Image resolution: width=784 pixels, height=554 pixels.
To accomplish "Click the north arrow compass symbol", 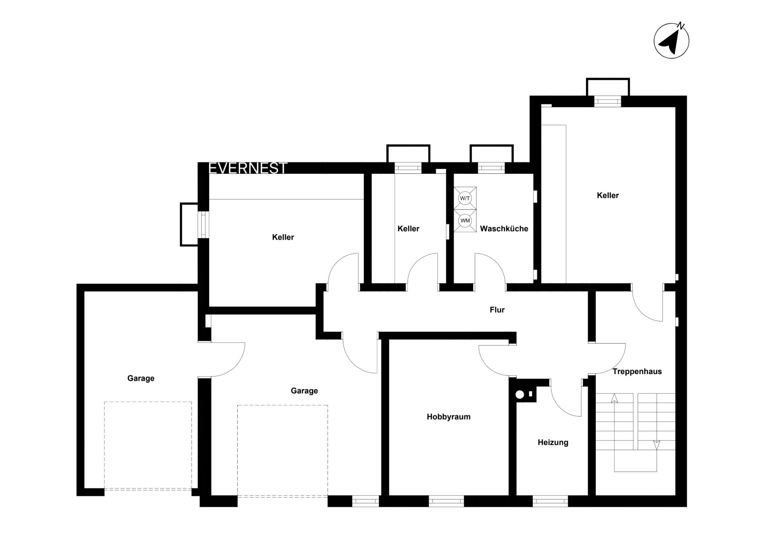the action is click(671, 40).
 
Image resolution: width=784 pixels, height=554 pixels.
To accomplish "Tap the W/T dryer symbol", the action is click(465, 198).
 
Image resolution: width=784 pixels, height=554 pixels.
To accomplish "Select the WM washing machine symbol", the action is click(465, 221).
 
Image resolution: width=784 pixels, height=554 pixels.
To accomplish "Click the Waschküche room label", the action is click(504, 229).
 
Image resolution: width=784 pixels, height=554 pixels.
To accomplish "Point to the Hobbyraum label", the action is click(448, 417).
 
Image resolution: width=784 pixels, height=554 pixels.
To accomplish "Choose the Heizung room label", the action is click(553, 443).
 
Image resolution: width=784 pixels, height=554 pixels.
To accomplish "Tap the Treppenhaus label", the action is click(637, 372).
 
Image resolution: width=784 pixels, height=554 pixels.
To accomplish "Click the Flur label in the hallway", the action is click(497, 310).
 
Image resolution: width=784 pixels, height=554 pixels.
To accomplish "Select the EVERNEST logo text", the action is click(248, 168).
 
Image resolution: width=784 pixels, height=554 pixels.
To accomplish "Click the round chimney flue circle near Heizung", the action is click(520, 394).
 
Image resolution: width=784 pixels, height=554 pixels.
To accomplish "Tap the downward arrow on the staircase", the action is click(657, 445).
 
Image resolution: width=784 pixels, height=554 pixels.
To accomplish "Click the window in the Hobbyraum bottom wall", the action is click(446, 501).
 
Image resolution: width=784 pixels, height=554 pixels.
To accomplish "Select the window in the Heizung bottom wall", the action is click(550, 501).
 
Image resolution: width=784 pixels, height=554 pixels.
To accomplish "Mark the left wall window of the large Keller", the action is click(203, 224).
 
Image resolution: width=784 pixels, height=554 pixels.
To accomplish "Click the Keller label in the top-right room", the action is click(608, 195).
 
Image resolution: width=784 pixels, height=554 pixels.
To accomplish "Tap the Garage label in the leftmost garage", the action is click(141, 379).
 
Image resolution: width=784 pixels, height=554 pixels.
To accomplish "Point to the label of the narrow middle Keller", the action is click(408, 229).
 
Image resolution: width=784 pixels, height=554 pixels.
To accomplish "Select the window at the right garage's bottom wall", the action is click(365, 501).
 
